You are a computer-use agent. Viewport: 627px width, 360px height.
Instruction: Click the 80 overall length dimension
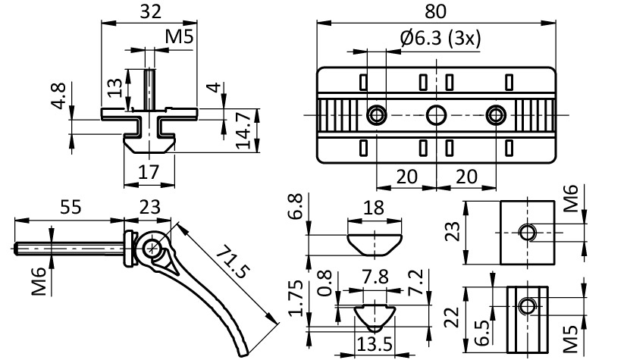pyautogui.click(x=437, y=11)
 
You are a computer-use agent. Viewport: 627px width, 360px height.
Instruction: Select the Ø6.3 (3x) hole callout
pyautogui.click(x=440, y=39)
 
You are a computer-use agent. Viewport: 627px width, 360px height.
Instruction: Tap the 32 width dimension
pyautogui.click(x=149, y=11)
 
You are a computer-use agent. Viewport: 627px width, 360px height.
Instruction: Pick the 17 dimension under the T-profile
pyautogui.click(x=149, y=172)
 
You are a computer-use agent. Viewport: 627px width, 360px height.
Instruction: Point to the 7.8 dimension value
pyautogui.click(x=371, y=278)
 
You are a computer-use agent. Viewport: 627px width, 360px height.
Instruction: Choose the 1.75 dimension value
pyautogui.click(x=298, y=296)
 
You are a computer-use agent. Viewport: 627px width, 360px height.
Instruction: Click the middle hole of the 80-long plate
pyautogui.click(x=436, y=115)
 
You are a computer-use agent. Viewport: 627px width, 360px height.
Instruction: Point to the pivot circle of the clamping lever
pyautogui.click(x=154, y=247)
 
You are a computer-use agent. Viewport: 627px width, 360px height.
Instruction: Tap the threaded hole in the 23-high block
pyautogui.click(x=528, y=230)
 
